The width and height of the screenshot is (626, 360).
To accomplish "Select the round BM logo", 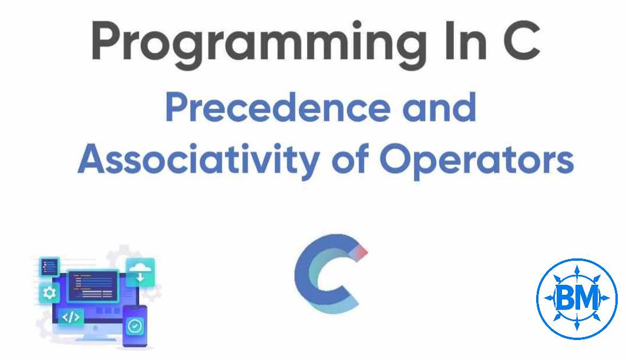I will [577, 298].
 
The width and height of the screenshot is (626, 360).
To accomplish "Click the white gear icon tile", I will [48, 292].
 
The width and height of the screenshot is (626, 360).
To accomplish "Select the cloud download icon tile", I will [140, 272].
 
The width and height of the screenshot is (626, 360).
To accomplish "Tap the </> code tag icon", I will [70, 318].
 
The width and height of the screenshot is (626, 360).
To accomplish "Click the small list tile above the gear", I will [49, 267].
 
